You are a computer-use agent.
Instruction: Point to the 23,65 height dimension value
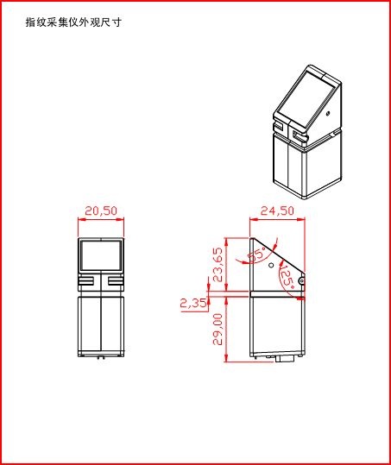coord(218,265)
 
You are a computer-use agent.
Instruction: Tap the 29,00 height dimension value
coord(218,328)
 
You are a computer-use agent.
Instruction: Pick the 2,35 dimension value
coord(192,303)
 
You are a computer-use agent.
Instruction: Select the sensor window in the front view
coord(100,256)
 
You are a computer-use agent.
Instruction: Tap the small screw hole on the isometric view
coord(329,112)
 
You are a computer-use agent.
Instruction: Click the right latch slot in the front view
coord(115,280)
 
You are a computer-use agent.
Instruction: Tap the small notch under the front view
coord(101,355)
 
